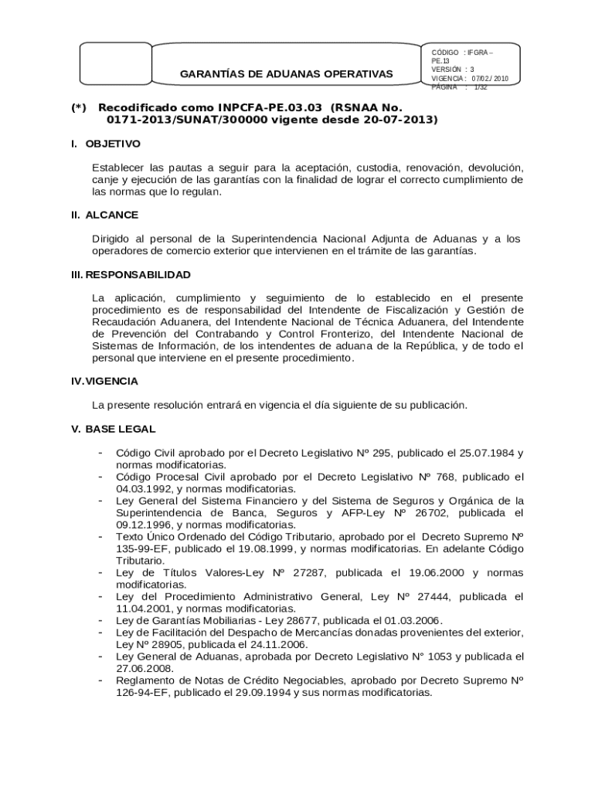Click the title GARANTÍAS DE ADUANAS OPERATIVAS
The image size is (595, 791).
(286, 74)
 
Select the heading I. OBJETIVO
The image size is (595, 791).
(105, 144)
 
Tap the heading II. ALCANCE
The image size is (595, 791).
(104, 215)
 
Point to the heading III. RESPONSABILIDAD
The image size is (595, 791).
(130, 274)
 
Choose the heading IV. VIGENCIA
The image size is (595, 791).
(104, 381)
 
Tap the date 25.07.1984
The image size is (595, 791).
(474, 453)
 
